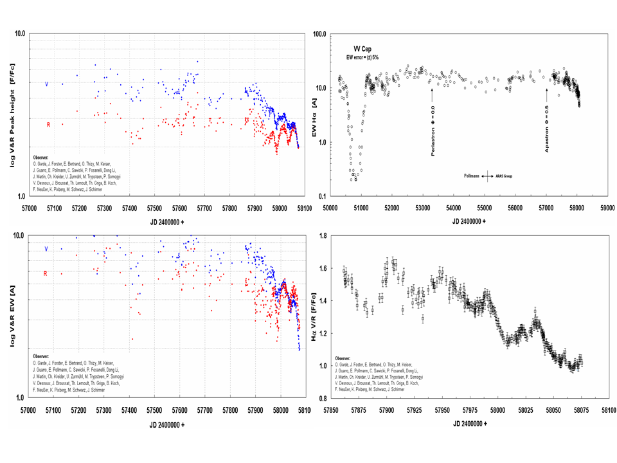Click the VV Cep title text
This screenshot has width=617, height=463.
click(x=362, y=49)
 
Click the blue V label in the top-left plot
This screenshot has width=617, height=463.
click(x=46, y=84)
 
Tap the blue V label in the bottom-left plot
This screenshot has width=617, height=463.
click(x=46, y=249)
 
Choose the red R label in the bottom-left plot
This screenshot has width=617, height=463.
click(x=45, y=274)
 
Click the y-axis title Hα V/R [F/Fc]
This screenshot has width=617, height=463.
click(x=314, y=317)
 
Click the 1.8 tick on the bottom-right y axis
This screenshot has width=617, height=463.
click(x=322, y=236)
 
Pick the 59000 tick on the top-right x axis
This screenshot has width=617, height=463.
click(x=607, y=208)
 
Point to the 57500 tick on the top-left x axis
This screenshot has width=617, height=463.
click(x=154, y=208)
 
